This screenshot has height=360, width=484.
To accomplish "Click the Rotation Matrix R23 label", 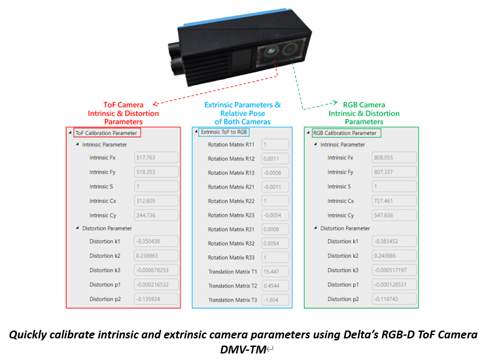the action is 231,215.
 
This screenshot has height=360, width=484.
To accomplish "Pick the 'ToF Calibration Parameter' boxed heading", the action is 107,133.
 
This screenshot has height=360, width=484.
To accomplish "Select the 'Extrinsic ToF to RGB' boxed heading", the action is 224,132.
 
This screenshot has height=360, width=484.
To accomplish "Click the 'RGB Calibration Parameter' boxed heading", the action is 346,133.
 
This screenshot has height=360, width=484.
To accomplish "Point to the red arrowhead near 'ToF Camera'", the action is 156,104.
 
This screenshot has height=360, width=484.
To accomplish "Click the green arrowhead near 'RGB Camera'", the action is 335,103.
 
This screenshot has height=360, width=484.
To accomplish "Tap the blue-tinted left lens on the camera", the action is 271,51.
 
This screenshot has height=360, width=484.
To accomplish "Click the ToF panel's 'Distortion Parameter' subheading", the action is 107,228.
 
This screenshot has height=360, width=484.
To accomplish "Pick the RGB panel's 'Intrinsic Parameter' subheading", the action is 342,145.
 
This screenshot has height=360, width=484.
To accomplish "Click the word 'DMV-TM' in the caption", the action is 243,350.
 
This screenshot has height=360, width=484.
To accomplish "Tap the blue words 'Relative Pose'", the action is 243,113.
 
